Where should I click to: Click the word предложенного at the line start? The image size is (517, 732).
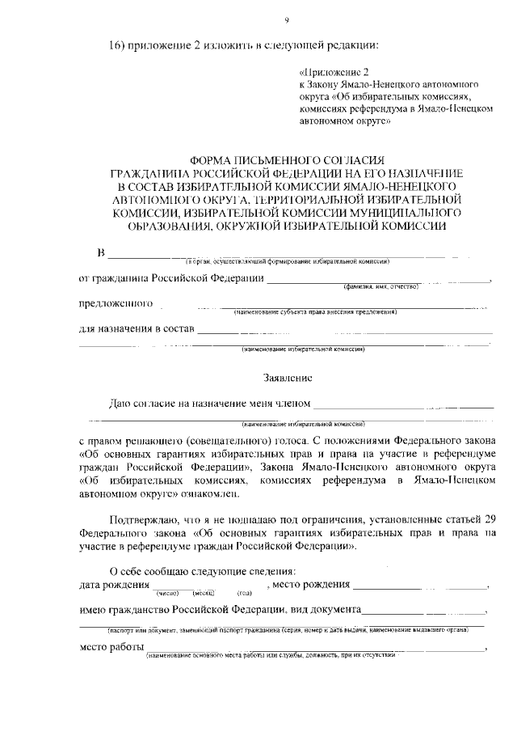tap(116, 304)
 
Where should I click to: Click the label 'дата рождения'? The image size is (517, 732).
tap(114, 584)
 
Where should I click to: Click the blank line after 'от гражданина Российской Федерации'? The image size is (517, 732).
tap(377, 279)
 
